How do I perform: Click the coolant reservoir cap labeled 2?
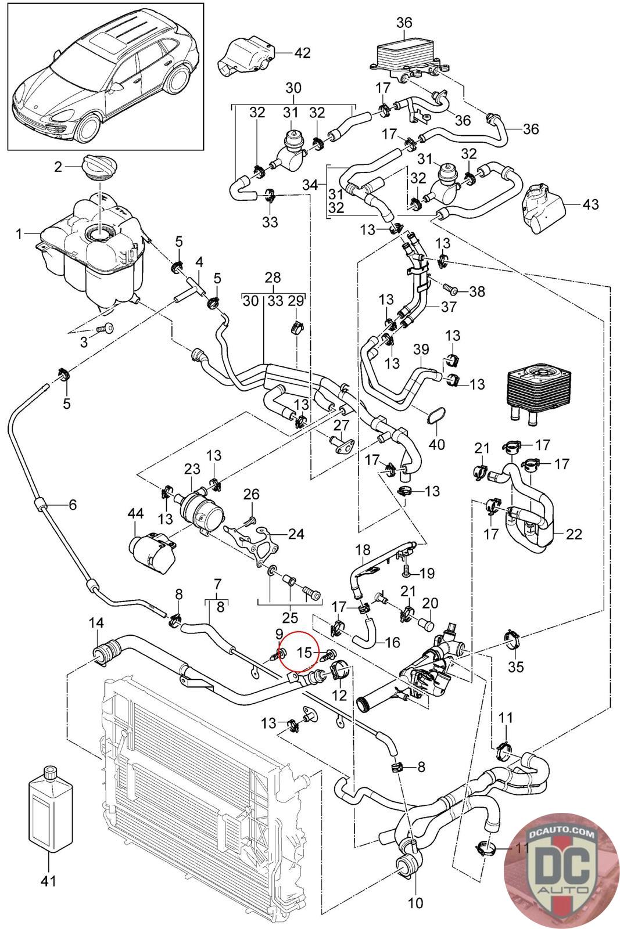pos(100,167)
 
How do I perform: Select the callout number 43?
pos(590,204)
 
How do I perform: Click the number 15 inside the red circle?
pos(304,653)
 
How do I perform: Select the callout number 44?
pos(135,513)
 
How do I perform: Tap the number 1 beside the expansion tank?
pos(19,235)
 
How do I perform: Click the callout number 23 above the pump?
pos(192,469)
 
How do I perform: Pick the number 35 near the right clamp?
pos(516,667)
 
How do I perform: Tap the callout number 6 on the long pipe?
pos(73,505)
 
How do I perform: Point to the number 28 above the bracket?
pos(273,277)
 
